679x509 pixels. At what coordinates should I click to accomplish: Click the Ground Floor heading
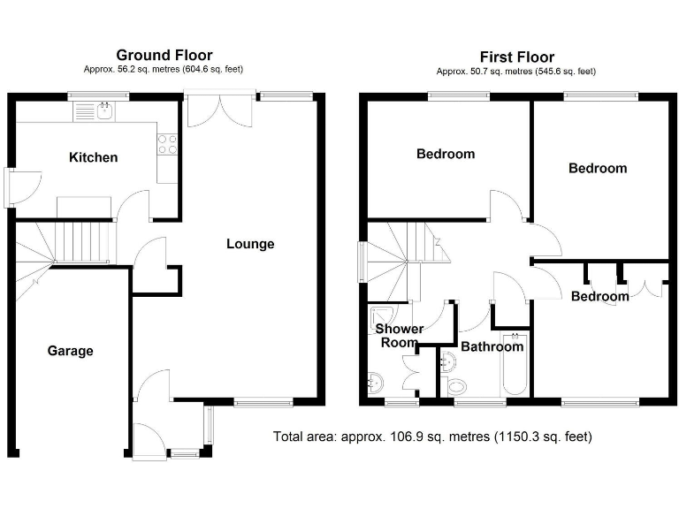tap(164, 55)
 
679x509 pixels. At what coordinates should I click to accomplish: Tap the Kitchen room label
tap(94, 157)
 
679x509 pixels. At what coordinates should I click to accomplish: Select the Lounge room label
tap(250, 244)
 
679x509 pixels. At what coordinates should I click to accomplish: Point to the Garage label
tap(70, 351)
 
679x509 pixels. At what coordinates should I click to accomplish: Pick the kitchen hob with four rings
tap(167, 143)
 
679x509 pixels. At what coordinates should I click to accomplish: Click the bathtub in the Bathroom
tap(514, 366)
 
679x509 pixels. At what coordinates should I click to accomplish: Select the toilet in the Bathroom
tap(457, 386)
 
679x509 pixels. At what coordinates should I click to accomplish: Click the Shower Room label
tap(399, 336)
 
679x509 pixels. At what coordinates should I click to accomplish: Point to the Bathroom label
tap(492, 346)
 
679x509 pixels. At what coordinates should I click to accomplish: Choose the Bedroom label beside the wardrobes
tap(599, 296)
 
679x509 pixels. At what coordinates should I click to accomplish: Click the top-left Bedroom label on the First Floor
tap(446, 154)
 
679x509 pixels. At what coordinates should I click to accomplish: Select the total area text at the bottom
tap(433, 437)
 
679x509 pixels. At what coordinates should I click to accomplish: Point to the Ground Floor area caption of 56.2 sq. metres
tap(164, 69)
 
